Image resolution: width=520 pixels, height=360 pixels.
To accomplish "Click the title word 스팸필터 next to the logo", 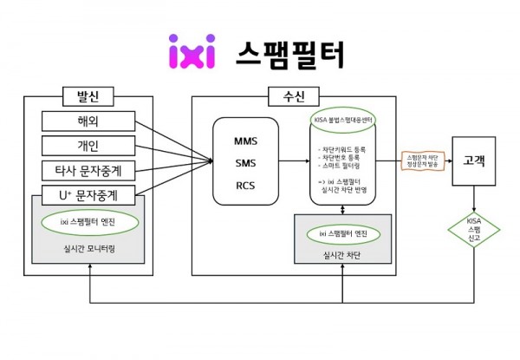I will tap(289, 53).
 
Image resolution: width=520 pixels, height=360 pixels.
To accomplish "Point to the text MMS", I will tap(245, 140).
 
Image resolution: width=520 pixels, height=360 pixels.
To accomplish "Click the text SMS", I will tap(245, 162).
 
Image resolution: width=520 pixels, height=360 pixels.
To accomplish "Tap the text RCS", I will tap(245, 184).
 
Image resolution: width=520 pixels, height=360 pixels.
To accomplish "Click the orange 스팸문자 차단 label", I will tap(423, 161).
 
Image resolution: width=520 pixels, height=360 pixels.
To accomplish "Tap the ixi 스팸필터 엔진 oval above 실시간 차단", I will tap(345, 234).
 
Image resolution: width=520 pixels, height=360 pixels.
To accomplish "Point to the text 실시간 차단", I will tap(345, 257).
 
